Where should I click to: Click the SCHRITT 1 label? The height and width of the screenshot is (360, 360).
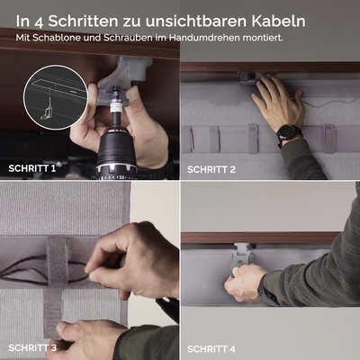coord(32,167)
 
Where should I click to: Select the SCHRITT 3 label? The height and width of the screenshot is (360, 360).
coord(32,347)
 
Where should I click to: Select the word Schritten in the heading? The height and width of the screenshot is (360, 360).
coord(85,20)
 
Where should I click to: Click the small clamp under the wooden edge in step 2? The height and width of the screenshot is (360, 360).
coord(246,78)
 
